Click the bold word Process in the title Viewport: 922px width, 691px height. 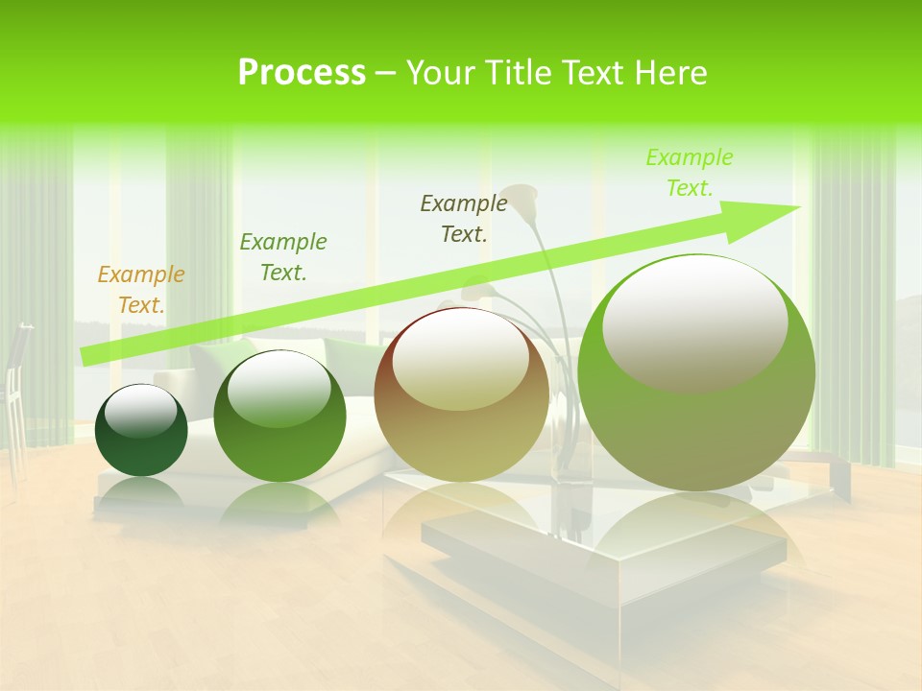pos(302,73)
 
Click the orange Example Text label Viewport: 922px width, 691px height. pos(141,289)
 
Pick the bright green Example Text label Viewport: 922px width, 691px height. pos(689,172)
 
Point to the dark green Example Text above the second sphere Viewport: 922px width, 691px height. pos(283,256)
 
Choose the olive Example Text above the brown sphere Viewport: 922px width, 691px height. pos(464,218)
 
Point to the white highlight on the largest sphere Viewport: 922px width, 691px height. pos(694,322)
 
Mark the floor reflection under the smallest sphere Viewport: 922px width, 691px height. pos(141,494)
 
